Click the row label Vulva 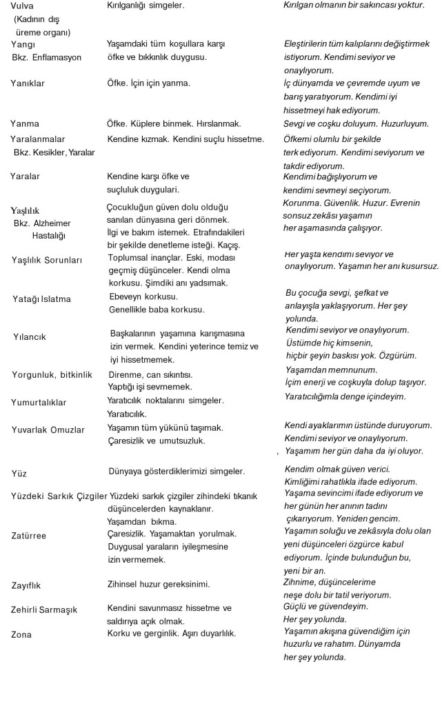tap(17, 6)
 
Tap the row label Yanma tap(25, 124)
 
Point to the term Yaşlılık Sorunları tap(48, 260)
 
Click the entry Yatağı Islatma tap(41, 300)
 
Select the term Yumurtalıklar tap(39, 403)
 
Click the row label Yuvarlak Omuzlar tap(48, 430)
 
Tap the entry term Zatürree tap(29, 534)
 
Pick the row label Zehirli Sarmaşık tap(44, 610)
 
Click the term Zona tap(21, 634)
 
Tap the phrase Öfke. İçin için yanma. tap(148, 83)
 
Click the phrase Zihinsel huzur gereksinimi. tap(159, 585)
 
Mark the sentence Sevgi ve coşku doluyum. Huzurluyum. tap(356, 124)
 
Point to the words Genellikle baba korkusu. tap(157, 310)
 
